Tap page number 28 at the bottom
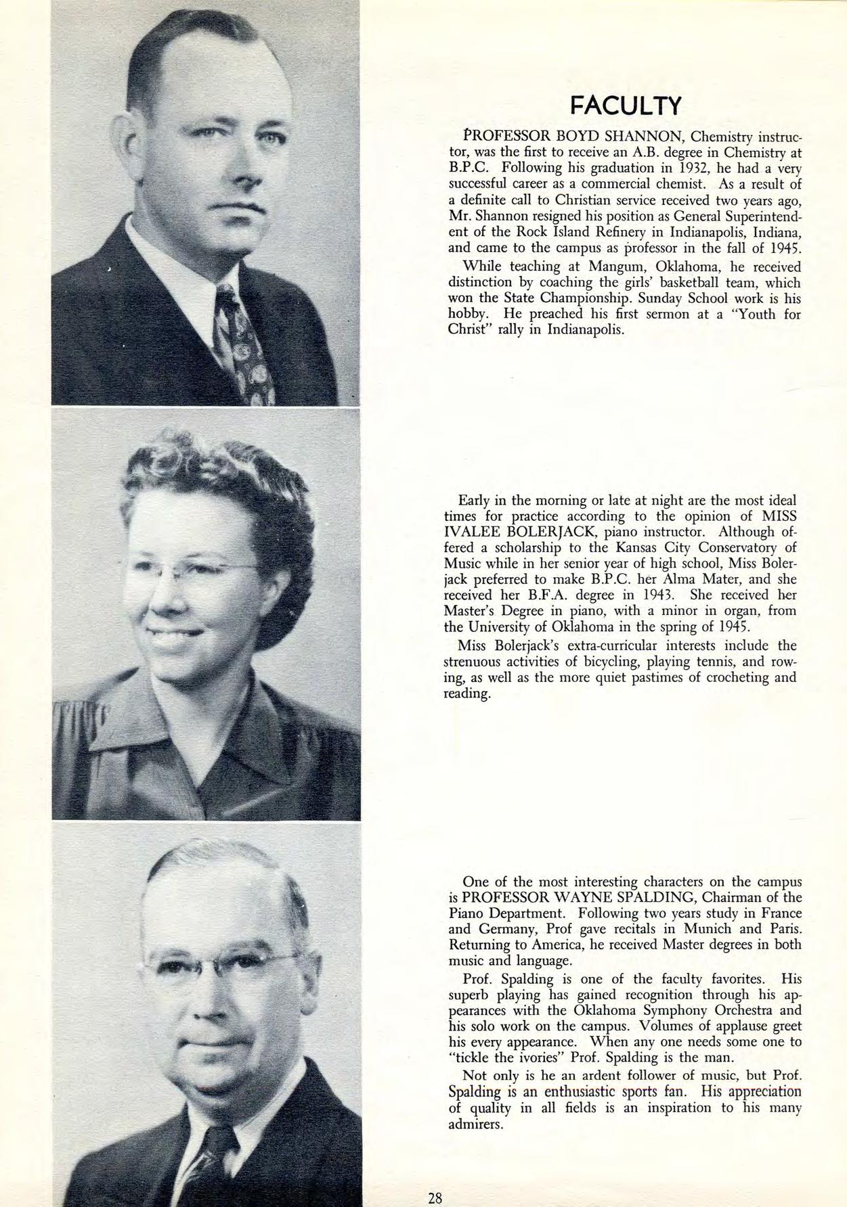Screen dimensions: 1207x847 click(x=435, y=1198)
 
